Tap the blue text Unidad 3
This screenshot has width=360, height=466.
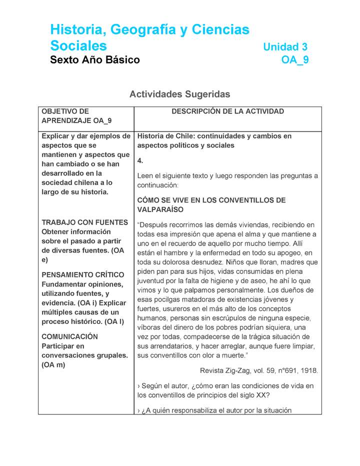(285, 47)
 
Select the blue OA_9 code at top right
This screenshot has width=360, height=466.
(295, 60)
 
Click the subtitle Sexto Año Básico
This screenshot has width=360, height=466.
(95, 60)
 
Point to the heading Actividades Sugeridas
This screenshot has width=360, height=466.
(179, 94)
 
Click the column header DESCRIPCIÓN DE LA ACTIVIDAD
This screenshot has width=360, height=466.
(227, 111)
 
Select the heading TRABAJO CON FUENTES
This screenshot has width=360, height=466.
(84, 222)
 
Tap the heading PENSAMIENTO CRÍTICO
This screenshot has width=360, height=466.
(82, 275)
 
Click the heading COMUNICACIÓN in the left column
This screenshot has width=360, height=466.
(69, 337)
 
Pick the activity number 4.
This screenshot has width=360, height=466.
(140, 160)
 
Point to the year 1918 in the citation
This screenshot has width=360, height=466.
(307, 370)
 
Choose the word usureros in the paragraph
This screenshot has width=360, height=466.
(178, 309)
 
